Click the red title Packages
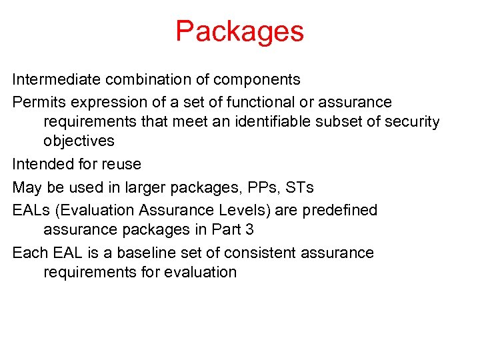239,31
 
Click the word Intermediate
55,80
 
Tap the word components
257,81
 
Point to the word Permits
37,102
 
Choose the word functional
247,102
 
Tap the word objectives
79,141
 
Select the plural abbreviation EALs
32,211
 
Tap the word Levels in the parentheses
241,211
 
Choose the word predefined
339,211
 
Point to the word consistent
260,253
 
